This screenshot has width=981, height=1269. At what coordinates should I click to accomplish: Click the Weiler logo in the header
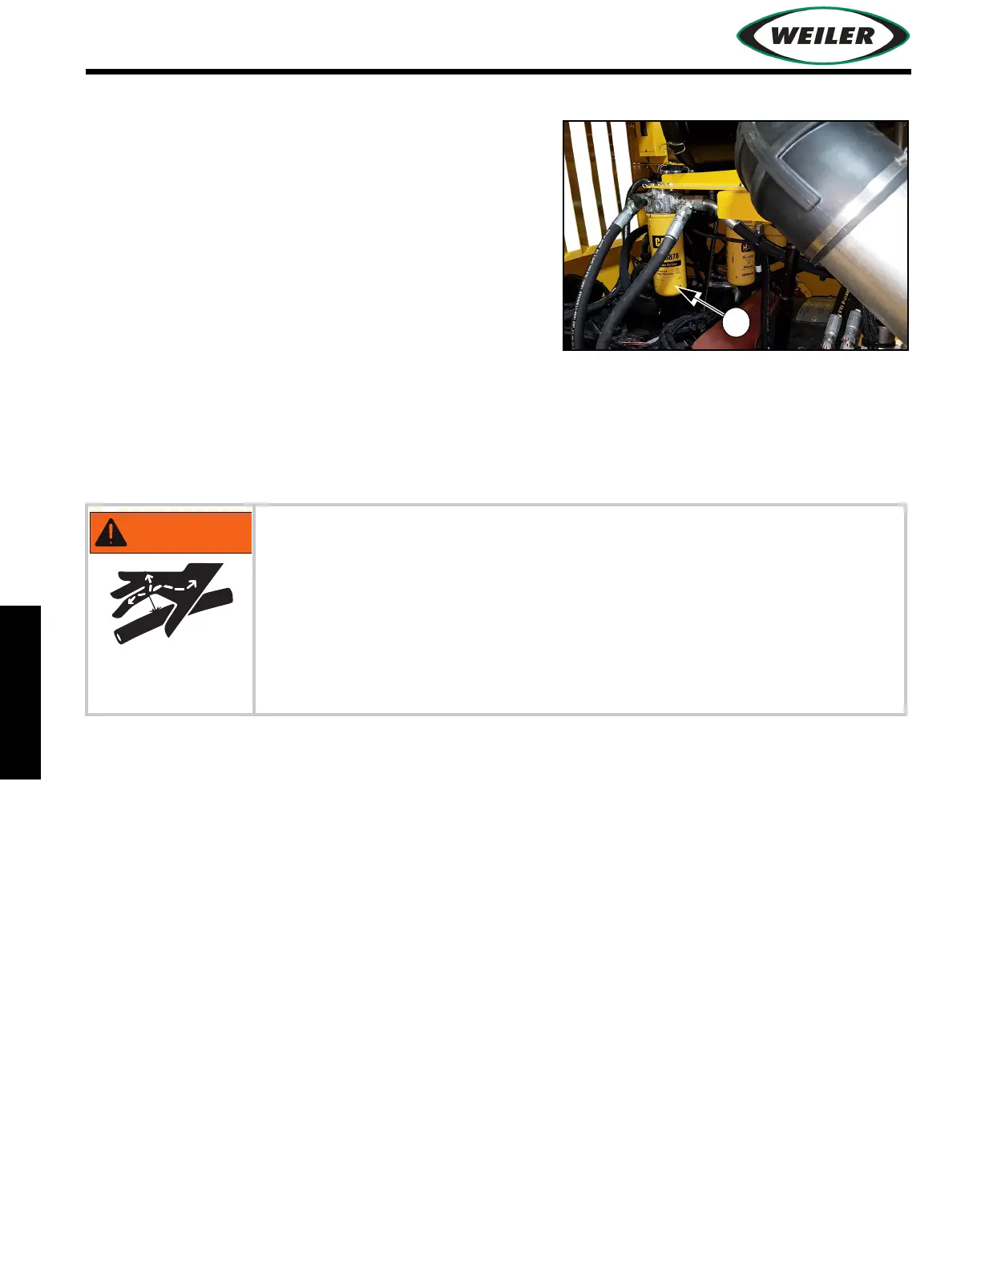tap(822, 35)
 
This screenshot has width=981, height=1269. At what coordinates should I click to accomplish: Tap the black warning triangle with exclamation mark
tap(111, 532)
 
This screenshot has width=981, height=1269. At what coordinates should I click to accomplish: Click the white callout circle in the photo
tap(737, 323)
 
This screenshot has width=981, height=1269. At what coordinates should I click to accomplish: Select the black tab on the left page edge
tap(20, 692)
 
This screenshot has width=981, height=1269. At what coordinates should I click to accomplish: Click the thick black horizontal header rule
tap(498, 72)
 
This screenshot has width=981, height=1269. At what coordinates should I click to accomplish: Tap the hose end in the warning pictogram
tap(123, 635)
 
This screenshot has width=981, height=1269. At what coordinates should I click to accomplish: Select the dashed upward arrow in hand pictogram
tap(148, 581)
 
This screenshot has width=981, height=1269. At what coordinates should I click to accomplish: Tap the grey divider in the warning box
tap(254, 609)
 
